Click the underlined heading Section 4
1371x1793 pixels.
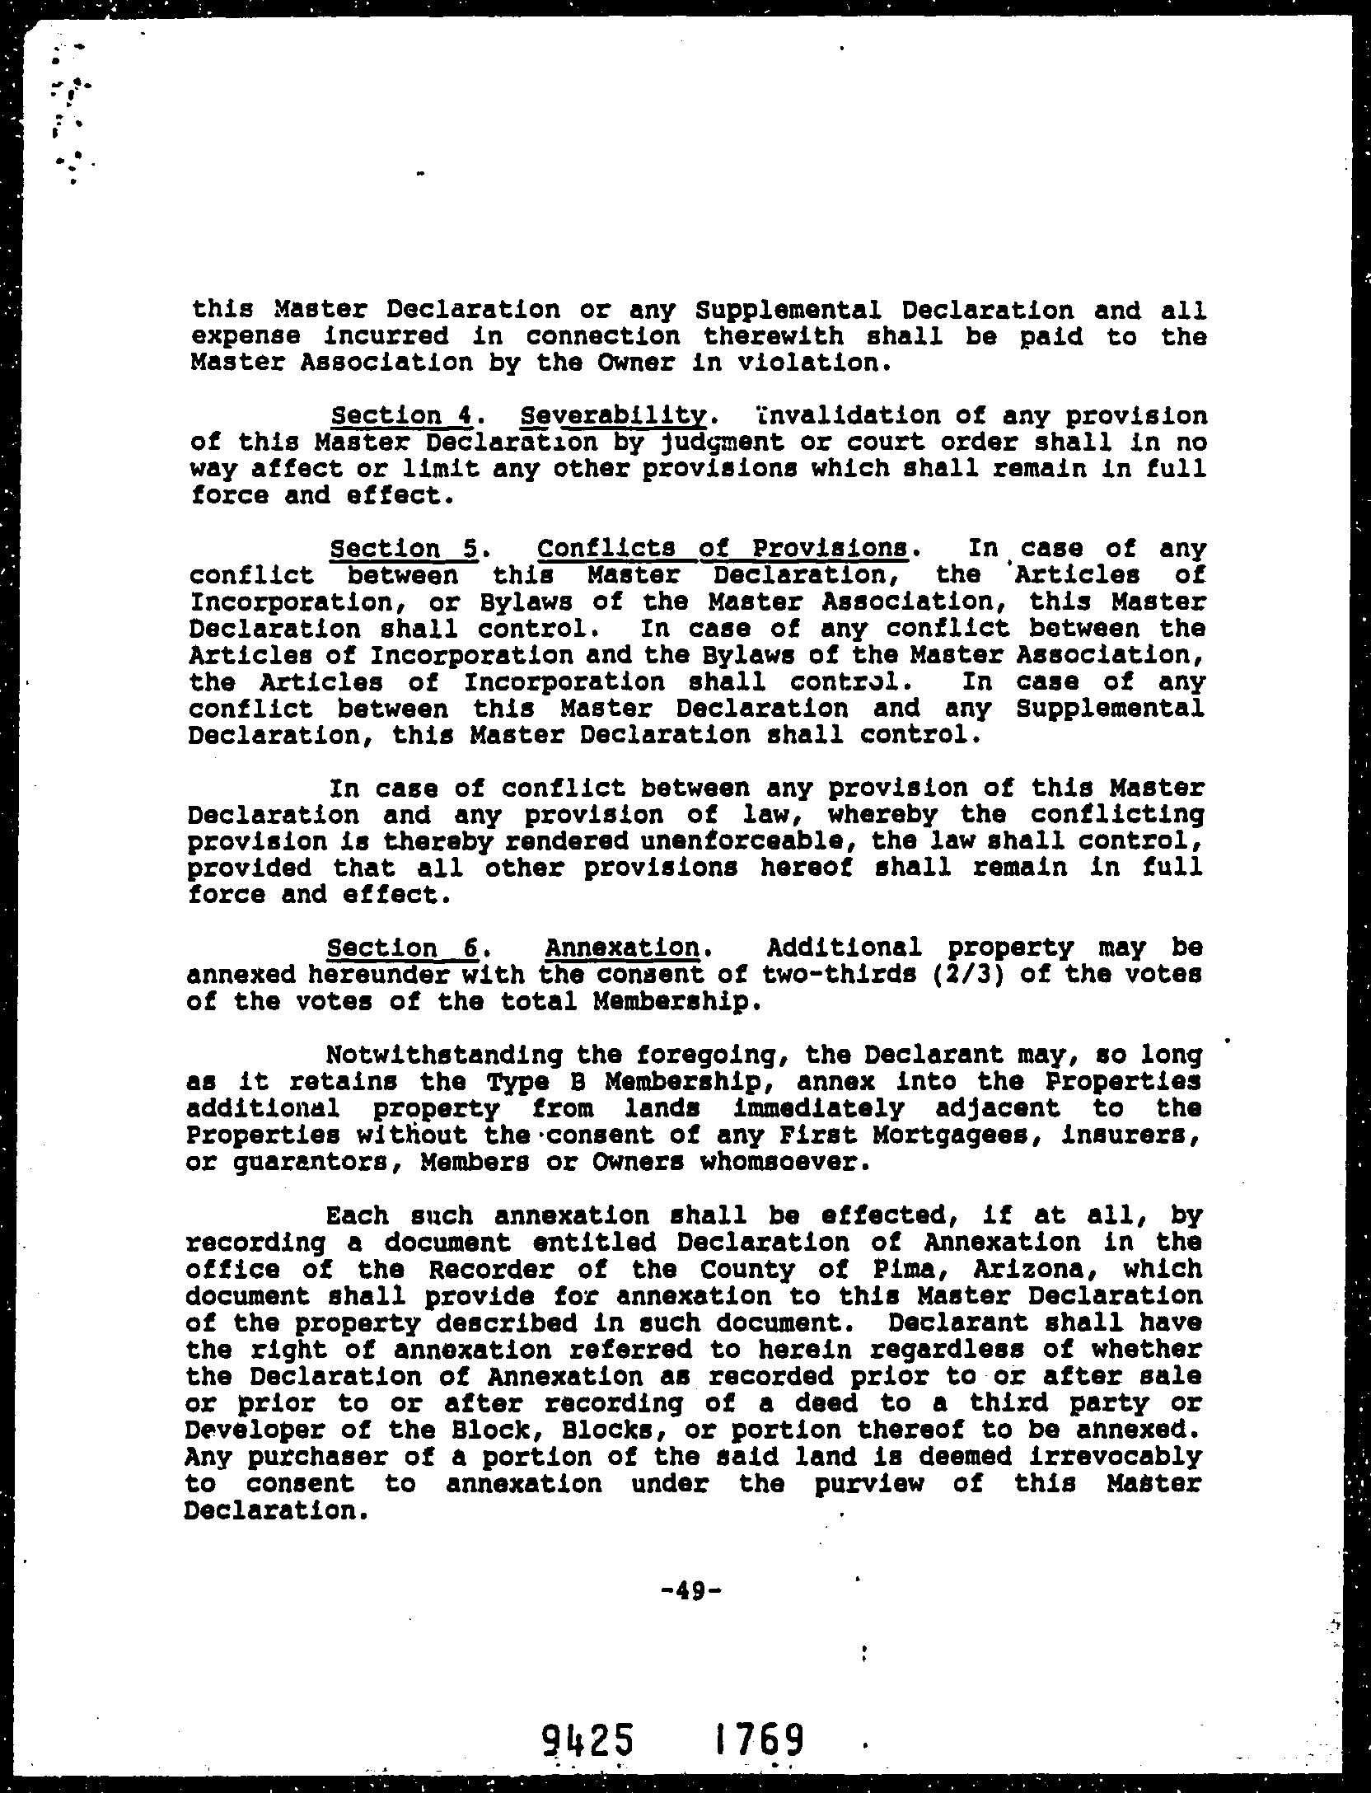coord(400,415)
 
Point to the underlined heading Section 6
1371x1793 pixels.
coord(402,948)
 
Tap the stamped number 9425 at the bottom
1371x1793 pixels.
coord(588,1741)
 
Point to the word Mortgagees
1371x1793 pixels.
coord(968,1135)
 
